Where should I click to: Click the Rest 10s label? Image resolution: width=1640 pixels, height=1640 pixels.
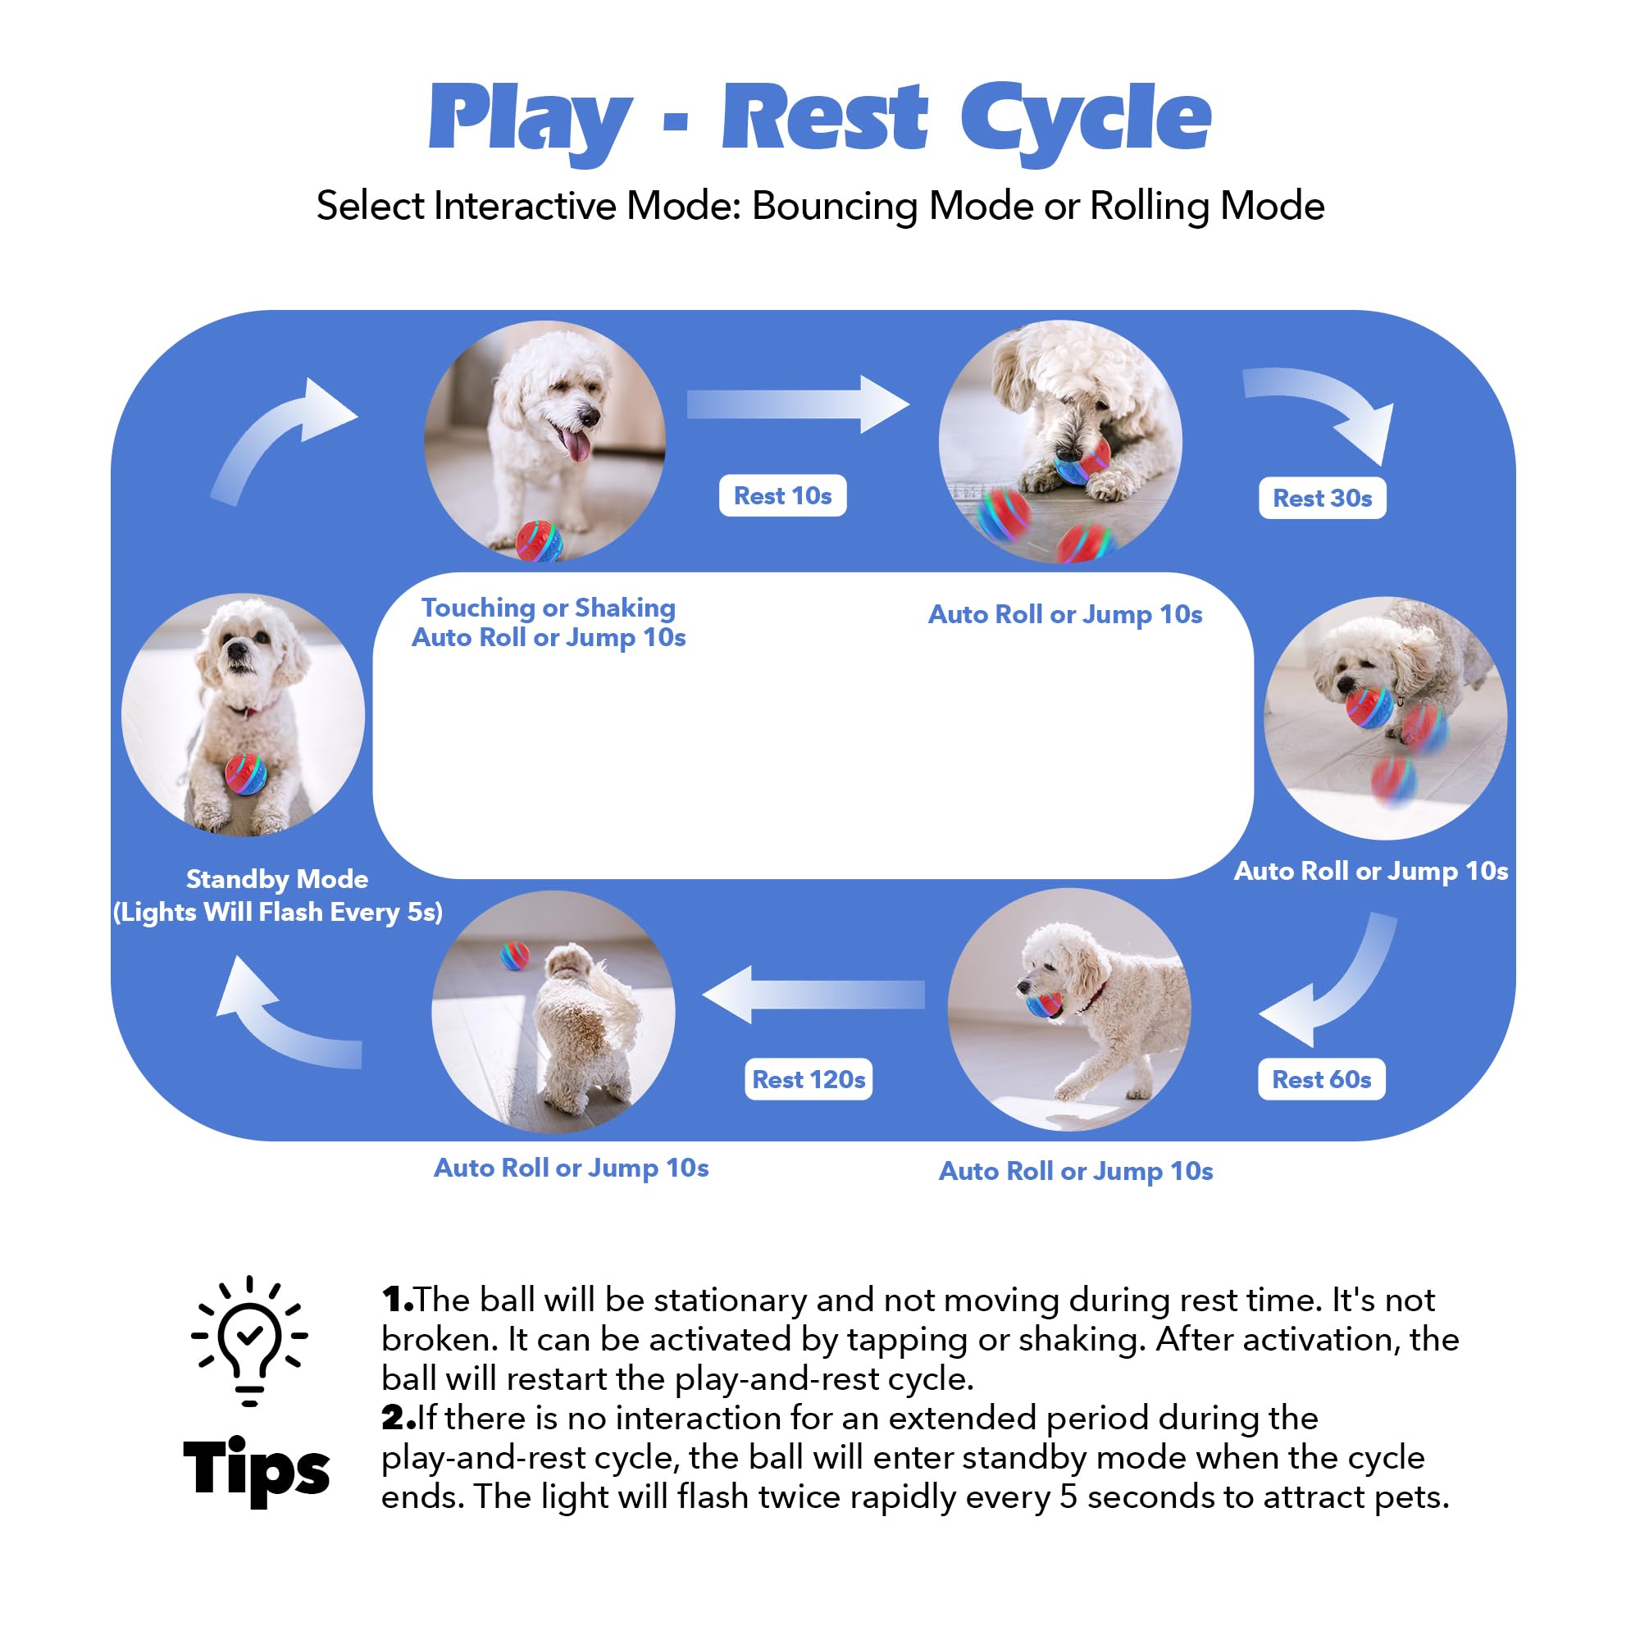tap(781, 496)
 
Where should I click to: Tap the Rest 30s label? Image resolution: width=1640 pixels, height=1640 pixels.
tap(1322, 499)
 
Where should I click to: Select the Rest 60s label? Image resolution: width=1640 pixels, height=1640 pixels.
tap(1321, 1080)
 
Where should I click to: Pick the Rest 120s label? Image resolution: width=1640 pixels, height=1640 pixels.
tap(809, 1080)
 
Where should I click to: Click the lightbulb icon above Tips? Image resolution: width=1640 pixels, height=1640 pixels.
tap(248, 1341)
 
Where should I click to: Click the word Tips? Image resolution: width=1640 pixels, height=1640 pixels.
tap(256, 1468)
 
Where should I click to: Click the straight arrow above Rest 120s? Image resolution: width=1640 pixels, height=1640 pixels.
tap(813, 994)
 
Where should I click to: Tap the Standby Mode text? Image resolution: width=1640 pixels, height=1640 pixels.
tap(276, 879)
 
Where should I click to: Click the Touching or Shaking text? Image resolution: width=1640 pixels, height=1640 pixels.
tap(549, 608)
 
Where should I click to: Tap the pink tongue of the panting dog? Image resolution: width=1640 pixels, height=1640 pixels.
tap(577, 444)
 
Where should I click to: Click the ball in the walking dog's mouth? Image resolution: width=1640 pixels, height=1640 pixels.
tap(1044, 1004)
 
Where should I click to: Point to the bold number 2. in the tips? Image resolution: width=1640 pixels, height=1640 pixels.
tap(397, 1418)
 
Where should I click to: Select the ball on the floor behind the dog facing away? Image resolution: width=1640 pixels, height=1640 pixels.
tap(514, 955)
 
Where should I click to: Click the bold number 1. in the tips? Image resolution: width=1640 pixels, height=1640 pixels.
tap(396, 1300)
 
